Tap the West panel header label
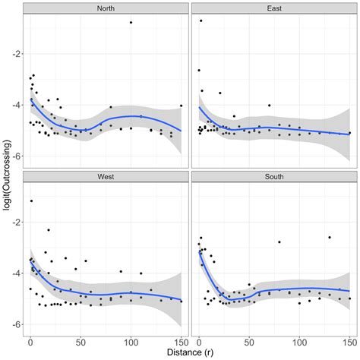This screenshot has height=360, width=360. [106, 177]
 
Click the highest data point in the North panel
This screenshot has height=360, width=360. [131, 23]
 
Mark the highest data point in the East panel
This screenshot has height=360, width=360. [201, 21]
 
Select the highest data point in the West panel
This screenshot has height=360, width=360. [31, 201]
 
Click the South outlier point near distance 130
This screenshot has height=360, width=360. [330, 237]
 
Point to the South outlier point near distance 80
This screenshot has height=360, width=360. [279, 242]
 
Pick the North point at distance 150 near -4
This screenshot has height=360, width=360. [181, 106]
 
